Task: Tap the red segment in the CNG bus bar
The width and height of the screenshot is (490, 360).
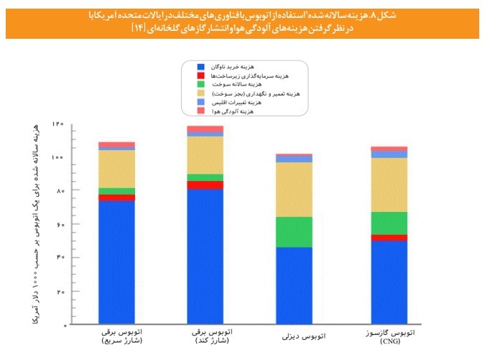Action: (389, 238)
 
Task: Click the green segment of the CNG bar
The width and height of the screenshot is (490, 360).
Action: (389, 223)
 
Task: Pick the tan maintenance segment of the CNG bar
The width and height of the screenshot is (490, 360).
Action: (389, 185)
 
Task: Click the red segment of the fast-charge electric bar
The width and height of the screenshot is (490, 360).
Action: (116, 198)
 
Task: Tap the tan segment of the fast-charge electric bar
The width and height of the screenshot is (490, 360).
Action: (116, 169)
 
